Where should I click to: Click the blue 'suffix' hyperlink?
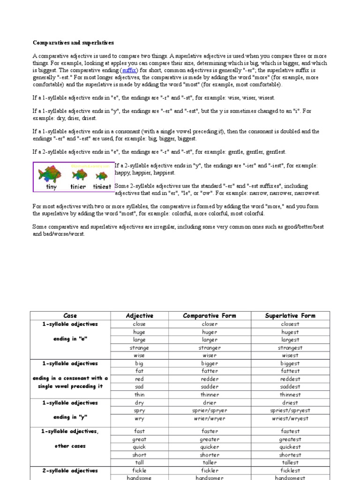129,70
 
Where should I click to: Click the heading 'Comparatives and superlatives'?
73,43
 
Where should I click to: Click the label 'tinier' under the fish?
78,187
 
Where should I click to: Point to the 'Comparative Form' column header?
210,315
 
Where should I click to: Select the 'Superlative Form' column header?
290,315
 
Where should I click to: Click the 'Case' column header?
70,315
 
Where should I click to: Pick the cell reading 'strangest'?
290,348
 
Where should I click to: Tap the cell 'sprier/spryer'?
210,411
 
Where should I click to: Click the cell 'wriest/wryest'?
290,419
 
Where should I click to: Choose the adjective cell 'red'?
139,379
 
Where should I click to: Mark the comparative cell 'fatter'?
210,371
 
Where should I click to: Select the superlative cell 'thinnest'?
290,395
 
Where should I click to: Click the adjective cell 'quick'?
139,447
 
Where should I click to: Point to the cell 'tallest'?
290,462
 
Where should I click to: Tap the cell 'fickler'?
210,470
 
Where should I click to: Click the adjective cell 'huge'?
139,332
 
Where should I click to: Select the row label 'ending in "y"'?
70,417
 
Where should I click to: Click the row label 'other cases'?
70,446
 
